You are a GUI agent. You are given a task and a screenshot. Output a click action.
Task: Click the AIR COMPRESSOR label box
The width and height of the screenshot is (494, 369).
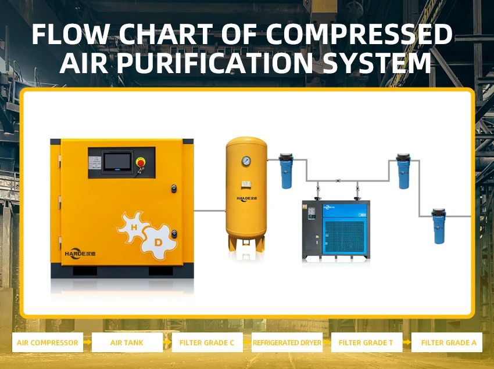(x=48, y=342)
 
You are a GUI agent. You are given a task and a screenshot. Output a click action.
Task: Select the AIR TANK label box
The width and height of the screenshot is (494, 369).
(x=127, y=342)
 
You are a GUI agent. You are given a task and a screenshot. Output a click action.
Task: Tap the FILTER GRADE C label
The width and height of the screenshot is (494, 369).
(x=207, y=342)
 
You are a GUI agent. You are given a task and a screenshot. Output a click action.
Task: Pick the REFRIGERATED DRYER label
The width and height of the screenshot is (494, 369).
(x=287, y=342)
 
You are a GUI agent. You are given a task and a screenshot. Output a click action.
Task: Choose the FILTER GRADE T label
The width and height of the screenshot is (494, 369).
(x=366, y=342)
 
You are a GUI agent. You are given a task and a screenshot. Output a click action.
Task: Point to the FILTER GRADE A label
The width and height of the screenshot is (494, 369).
(x=448, y=342)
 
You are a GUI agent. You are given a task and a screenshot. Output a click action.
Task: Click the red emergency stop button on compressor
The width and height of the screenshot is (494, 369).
(x=140, y=162)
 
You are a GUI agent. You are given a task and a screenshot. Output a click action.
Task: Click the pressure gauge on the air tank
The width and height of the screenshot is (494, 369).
(x=246, y=160)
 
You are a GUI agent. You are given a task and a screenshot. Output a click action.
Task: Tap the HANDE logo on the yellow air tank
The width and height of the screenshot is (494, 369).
(x=246, y=199)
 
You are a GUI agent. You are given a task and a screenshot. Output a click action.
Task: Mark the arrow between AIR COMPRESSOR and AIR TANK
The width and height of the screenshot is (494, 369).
(x=87, y=342)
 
